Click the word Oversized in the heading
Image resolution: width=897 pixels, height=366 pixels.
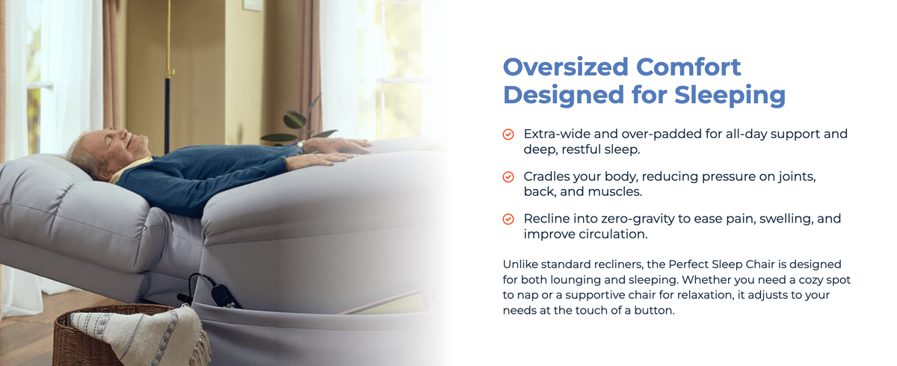coord(565,66)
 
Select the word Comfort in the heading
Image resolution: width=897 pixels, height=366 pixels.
coord(688,66)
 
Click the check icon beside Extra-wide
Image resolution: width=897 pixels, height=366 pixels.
coord(508,134)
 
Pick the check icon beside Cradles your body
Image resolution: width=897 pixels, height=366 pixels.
coord(508,176)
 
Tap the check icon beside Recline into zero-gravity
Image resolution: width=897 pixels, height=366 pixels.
coord(508,219)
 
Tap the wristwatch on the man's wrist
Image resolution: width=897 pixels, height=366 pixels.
coord(300,145)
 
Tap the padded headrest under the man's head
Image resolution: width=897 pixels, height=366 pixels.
coord(64,188)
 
